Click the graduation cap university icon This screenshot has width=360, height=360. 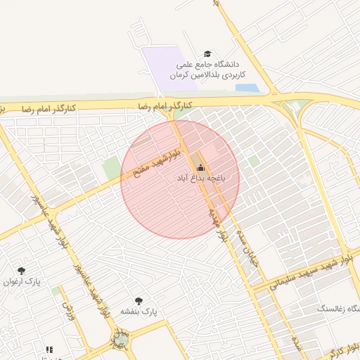click(x=207, y=53)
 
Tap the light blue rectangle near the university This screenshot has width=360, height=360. click(x=246, y=88)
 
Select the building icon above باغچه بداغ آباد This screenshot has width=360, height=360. click(x=201, y=167)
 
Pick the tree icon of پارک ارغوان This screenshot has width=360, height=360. click(x=21, y=270)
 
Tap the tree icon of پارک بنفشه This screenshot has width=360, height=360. click(x=138, y=300)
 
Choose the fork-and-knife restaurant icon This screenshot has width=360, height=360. click(x=49, y=349)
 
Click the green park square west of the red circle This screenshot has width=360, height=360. click(x=111, y=168)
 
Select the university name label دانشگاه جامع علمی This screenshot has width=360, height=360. click(x=211, y=64)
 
